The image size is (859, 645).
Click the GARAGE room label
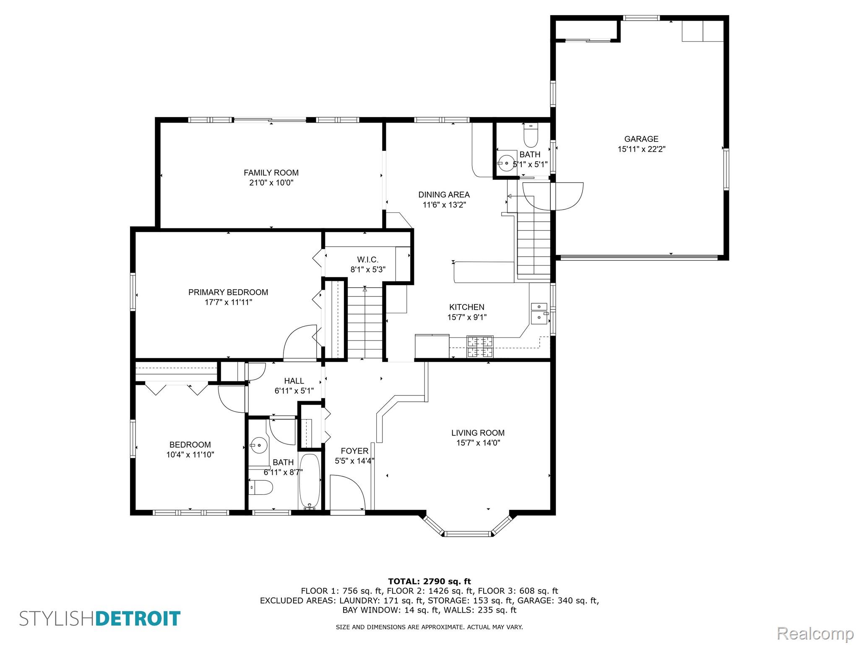[x=641, y=139]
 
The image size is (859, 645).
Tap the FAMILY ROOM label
[x=271, y=173]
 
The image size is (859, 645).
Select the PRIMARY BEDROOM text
[x=228, y=292]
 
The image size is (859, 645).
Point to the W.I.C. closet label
[x=368, y=260]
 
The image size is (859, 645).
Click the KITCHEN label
[x=466, y=307]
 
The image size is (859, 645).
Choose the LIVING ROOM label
[x=478, y=433]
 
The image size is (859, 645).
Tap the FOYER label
[x=354, y=451]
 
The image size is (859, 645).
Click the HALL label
[x=294, y=381]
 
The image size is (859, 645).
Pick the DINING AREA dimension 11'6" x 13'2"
[x=444, y=205]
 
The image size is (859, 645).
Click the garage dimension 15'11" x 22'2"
[x=641, y=149]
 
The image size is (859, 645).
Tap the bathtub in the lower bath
[x=310, y=481]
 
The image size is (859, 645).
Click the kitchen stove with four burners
[x=480, y=347]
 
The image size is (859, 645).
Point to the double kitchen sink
[x=539, y=313]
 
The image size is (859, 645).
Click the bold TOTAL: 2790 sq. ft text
[x=429, y=582]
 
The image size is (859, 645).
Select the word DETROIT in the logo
[x=138, y=619]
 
